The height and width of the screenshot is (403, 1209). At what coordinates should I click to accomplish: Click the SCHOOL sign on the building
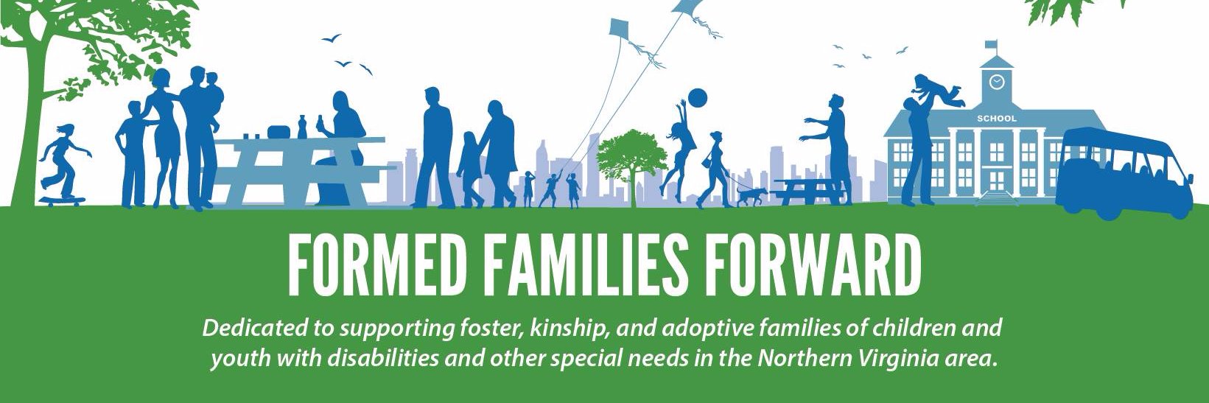click(996, 119)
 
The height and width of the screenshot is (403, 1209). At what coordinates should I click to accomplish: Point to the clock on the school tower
click(997, 82)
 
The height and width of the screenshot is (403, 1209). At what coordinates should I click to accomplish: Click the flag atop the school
click(992, 44)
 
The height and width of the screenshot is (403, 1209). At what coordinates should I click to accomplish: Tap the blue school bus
click(1125, 175)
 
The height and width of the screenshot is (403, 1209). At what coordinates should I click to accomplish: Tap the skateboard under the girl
click(62, 200)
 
